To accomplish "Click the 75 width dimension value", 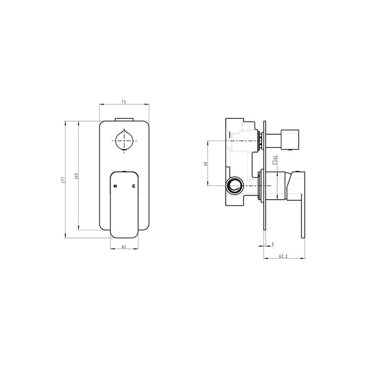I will (x=124, y=101).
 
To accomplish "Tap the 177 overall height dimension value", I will (x=63, y=179).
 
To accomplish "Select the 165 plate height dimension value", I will (x=77, y=176).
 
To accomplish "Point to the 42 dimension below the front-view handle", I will (x=124, y=247).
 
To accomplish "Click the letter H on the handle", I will (x=115, y=187).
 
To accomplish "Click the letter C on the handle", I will (x=134, y=187).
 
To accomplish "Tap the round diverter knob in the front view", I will (x=125, y=141).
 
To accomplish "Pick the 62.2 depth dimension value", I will (x=283, y=256).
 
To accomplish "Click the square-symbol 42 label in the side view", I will (x=275, y=159).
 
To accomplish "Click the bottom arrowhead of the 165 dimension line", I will (x=79, y=228).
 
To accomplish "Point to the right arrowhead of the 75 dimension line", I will (x=147, y=105).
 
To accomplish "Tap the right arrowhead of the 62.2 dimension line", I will (x=303, y=258).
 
